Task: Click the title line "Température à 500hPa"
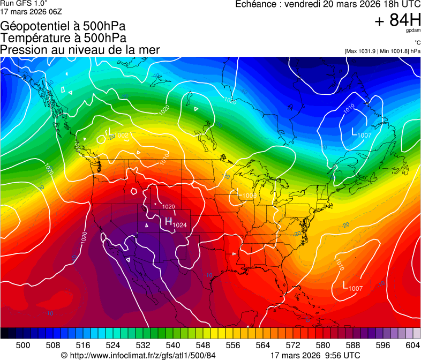tap(63, 38)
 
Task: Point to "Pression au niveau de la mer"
tap(80, 50)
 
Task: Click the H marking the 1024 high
tap(168, 221)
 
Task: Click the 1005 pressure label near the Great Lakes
tap(249, 196)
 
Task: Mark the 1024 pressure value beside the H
tap(180, 225)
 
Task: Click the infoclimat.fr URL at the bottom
tap(142, 355)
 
